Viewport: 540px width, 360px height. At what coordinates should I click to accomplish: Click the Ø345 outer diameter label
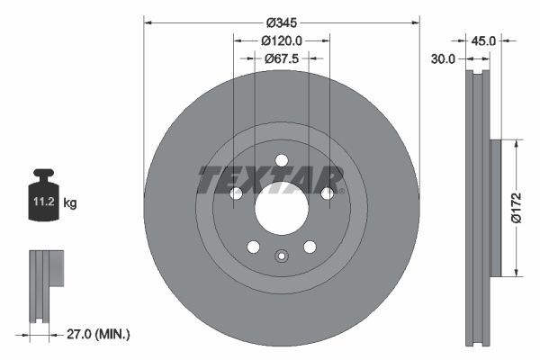click(282, 20)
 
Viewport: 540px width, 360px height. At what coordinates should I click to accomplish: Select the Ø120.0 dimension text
click(282, 40)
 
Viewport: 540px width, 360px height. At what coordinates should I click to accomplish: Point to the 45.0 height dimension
click(484, 40)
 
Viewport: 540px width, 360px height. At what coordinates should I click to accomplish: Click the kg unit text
click(70, 203)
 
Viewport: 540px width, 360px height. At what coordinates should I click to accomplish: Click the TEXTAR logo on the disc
click(270, 179)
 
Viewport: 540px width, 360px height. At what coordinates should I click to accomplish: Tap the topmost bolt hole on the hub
click(281, 160)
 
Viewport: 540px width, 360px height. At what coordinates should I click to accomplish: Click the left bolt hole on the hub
click(236, 193)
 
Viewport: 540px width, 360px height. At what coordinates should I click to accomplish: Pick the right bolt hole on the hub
click(327, 193)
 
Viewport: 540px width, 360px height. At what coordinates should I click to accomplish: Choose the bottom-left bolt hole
click(253, 247)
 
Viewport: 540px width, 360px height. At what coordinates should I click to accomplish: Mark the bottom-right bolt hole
click(310, 247)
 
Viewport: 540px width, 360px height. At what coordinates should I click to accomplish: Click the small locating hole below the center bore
click(281, 255)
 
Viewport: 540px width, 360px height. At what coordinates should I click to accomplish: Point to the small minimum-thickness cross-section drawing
click(45, 283)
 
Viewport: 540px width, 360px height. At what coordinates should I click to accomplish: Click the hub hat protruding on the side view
click(494, 207)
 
